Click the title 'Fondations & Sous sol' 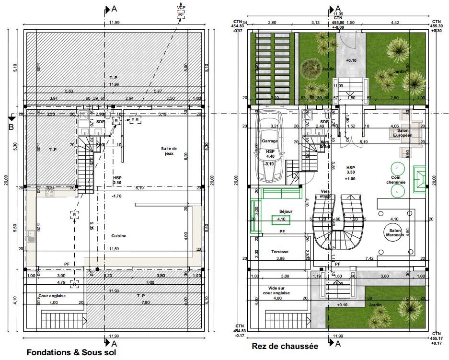point(71,352)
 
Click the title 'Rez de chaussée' point(285,346)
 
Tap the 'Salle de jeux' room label point(169,151)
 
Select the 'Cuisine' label point(119,236)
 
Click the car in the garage point(271,146)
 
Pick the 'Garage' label point(270,141)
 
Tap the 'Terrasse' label point(280,252)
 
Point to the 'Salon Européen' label point(403,133)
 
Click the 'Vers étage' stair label point(325,193)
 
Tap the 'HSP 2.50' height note point(117,180)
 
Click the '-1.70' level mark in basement point(116,196)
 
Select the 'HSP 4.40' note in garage point(270,153)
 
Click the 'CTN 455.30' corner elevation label point(436,26)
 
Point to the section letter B point(11,127)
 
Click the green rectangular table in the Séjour point(281,220)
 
